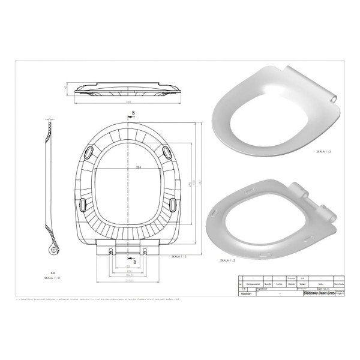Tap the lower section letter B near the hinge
point(135,262)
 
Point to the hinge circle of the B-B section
point(55,249)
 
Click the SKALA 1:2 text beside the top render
point(328,154)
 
